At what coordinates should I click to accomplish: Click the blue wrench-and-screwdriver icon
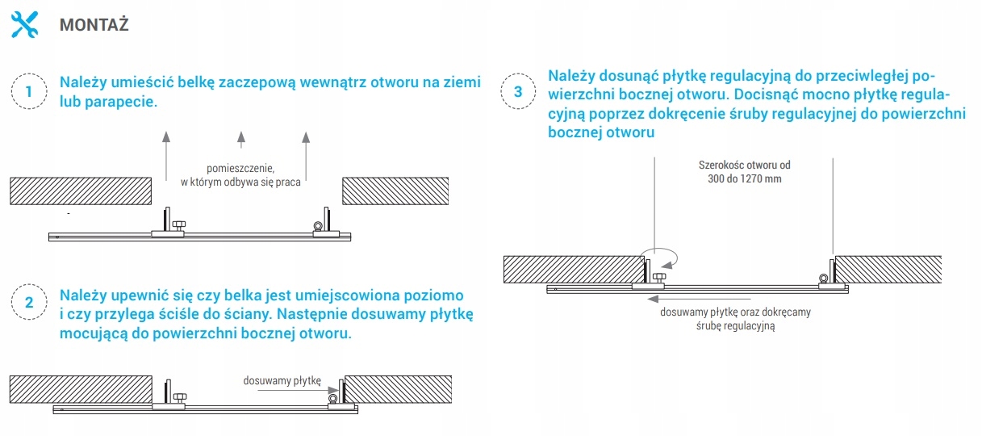tap(24, 24)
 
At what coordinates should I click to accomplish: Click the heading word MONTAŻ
tap(94, 25)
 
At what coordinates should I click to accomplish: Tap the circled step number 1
tap(29, 91)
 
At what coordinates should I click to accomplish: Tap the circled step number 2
tap(29, 302)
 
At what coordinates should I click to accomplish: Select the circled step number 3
tap(518, 91)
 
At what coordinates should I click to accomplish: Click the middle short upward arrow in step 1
tap(241, 140)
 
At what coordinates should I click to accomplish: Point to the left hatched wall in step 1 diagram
tap(81, 191)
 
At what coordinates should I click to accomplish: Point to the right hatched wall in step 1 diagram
tap(395, 191)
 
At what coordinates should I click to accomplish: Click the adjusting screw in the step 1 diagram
tap(179, 226)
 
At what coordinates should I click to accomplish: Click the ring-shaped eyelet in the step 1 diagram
tap(318, 226)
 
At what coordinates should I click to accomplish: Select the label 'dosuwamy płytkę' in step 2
tap(282, 381)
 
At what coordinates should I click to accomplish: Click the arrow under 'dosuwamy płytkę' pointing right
tap(298, 390)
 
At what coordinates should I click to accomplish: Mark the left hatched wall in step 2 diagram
tap(81, 389)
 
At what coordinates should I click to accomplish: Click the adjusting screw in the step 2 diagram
tap(180, 398)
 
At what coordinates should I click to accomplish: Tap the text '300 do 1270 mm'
tap(745, 179)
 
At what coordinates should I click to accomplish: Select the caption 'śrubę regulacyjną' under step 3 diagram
tap(736, 326)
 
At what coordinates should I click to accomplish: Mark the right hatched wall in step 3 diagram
tap(888, 270)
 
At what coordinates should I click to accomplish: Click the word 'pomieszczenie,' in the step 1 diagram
tap(240, 169)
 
